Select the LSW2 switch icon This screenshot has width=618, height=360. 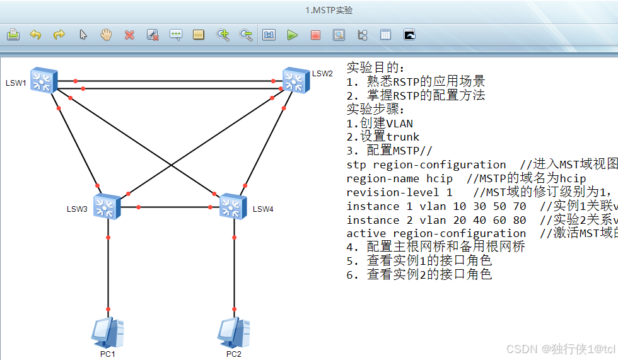click(293, 79)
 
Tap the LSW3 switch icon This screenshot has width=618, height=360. click(107, 206)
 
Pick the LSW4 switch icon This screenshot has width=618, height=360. click(233, 206)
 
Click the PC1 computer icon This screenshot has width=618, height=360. click(107, 332)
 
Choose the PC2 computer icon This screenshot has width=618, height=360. click(233, 332)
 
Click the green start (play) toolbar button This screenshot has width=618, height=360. click(292, 35)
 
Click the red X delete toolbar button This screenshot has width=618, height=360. click(129, 35)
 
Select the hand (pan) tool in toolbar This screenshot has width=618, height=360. click(106, 35)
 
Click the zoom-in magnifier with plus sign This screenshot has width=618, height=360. click(223, 35)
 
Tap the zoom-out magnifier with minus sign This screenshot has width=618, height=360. click(246, 35)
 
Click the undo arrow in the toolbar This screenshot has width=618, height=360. click(36, 35)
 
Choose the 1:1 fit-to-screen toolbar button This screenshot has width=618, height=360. click(269, 35)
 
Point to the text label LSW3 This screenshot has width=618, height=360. click(77, 209)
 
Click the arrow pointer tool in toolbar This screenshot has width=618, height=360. click(83, 35)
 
